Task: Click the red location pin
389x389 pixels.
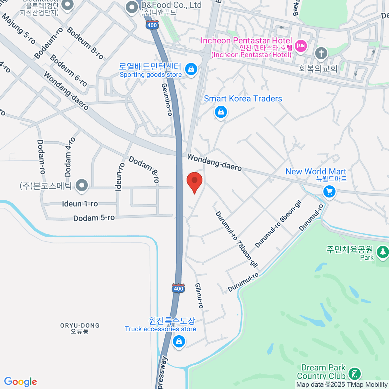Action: [x=194, y=181]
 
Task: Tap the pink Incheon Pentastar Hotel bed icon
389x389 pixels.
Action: [x=301, y=46]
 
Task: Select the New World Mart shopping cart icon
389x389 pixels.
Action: [x=329, y=192]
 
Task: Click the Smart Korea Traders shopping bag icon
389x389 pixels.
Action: [x=221, y=112]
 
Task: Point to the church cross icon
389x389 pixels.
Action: [x=321, y=53]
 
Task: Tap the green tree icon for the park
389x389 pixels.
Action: [x=383, y=252]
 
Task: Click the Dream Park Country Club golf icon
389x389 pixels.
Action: [x=354, y=374]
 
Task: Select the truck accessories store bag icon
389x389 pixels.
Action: [x=179, y=341]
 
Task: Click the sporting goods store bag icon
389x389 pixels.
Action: [x=191, y=69]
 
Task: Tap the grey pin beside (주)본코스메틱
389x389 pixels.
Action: [x=82, y=186]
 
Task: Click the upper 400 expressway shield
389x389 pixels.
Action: [x=152, y=25]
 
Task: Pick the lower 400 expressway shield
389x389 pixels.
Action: [x=178, y=289]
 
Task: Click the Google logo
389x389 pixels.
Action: [x=20, y=382]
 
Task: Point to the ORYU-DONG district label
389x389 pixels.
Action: [x=80, y=328]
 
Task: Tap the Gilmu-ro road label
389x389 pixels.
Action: [x=199, y=295]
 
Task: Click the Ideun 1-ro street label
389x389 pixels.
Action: [x=80, y=204]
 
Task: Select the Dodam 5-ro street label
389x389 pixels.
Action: [x=94, y=218]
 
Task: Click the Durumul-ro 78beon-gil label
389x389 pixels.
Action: [x=236, y=239]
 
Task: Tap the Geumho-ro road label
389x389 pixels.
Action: [x=167, y=100]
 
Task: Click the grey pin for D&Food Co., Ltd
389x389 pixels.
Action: [x=132, y=7]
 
